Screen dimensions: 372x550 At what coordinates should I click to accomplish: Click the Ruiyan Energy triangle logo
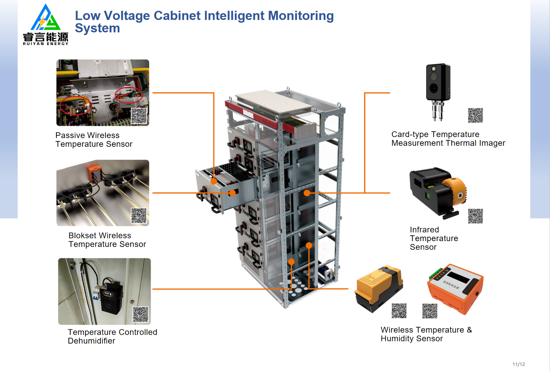pyautogui.click(x=46, y=18)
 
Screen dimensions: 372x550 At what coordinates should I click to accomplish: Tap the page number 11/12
pyautogui.click(x=518, y=364)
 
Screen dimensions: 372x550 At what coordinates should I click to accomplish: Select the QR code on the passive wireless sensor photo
pyautogui.click(x=139, y=116)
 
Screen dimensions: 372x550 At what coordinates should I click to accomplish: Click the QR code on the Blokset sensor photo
pyautogui.click(x=139, y=216)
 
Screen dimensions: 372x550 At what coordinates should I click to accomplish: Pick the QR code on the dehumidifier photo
pyautogui.click(x=140, y=314)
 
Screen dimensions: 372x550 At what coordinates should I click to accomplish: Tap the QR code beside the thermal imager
pyautogui.click(x=475, y=115)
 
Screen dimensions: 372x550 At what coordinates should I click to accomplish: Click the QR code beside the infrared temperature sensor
pyautogui.click(x=475, y=216)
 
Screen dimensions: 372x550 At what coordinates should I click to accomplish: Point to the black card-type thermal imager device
pyautogui.click(x=438, y=83)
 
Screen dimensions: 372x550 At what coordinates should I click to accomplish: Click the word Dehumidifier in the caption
pyautogui.click(x=91, y=341)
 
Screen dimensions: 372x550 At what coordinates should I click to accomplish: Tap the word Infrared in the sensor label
pyautogui.click(x=424, y=230)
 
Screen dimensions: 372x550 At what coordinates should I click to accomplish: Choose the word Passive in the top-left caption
pyautogui.click(x=70, y=135)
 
